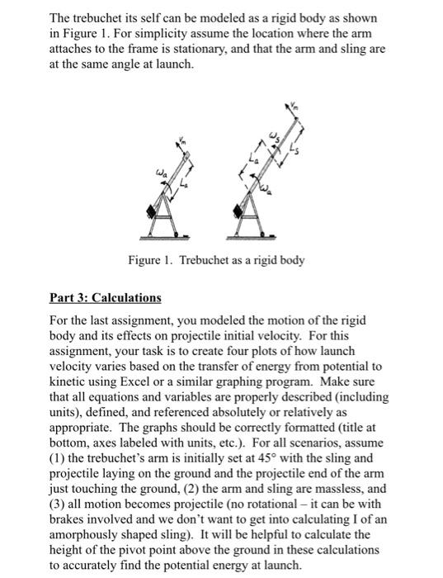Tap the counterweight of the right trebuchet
pos(240,212)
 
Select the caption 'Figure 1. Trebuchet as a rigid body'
pos(216,261)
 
